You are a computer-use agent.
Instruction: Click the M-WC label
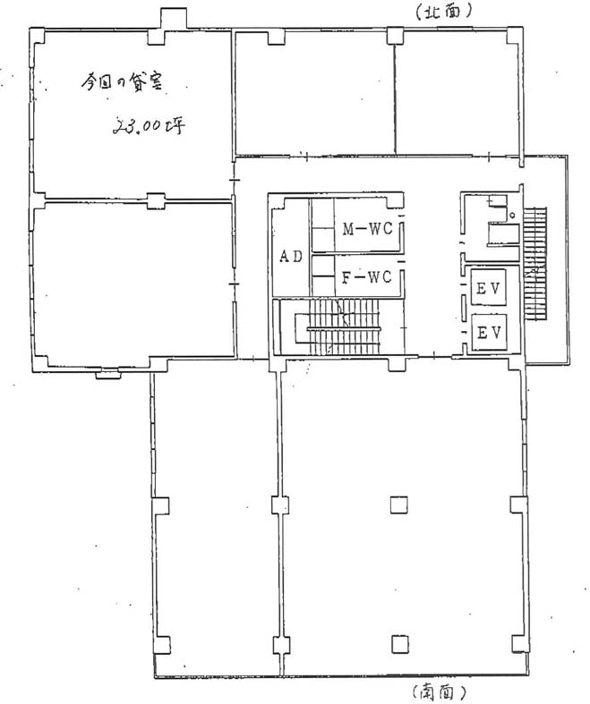(368, 229)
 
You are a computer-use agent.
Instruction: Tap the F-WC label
(367, 277)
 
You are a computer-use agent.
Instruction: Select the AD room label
(291, 257)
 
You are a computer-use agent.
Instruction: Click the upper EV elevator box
(489, 288)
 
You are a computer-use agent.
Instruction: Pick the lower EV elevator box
(489, 333)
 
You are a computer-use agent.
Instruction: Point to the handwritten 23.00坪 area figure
(149, 126)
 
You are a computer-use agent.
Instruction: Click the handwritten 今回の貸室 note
(122, 82)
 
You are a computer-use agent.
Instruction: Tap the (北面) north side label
(443, 12)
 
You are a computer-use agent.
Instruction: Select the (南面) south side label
(437, 691)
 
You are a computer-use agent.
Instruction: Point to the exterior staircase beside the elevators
(534, 264)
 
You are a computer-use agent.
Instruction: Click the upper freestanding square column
(398, 505)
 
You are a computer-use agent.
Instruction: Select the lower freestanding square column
(399, 644)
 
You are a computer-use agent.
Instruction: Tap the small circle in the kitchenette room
(512, 215)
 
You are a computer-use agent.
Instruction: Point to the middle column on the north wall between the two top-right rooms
(395, 36)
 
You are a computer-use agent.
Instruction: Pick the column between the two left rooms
(157, 200)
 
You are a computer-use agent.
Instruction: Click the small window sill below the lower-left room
(107, 374)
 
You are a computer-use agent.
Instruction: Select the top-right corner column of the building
(515, 36)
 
